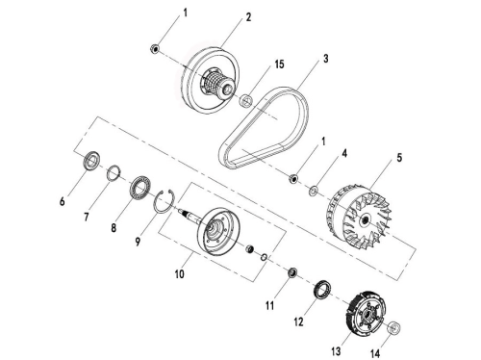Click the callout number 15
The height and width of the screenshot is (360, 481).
[279, 64]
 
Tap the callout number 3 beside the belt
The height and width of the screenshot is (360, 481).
[326, 59]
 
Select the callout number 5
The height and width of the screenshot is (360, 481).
[399, 158]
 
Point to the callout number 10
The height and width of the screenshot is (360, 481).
[180, 274]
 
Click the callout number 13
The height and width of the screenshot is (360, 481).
[336, 351]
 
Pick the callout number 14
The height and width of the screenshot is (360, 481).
[375, 353]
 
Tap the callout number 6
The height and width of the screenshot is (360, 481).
[63, 201]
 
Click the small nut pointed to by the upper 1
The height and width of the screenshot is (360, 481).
[155, 49]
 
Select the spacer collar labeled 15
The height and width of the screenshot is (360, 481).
[246, 100]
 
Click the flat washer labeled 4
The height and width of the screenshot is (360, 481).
[314, 192]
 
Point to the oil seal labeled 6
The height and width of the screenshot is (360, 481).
[92, 160]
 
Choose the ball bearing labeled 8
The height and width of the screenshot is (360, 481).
[140, 187]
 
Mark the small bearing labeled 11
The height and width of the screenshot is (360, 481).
[292, 272]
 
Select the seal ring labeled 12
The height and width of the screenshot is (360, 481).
[322, 289]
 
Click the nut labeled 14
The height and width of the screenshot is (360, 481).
[394, 328]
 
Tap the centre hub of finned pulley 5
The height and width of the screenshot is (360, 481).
[365, 220]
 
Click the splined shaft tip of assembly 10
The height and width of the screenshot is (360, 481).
[184, 212]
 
